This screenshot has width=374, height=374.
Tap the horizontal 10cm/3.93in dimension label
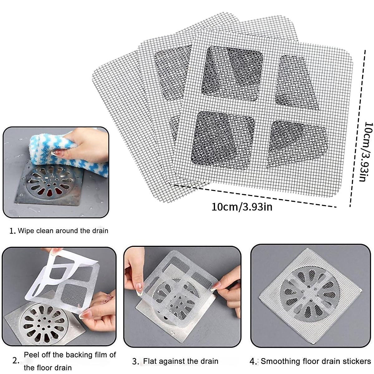(242, 207)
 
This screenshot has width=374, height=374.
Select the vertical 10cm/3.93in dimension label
(366, 151)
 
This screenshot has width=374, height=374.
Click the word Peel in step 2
(31, 355)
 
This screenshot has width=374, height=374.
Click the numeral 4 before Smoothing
(253, 362)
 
